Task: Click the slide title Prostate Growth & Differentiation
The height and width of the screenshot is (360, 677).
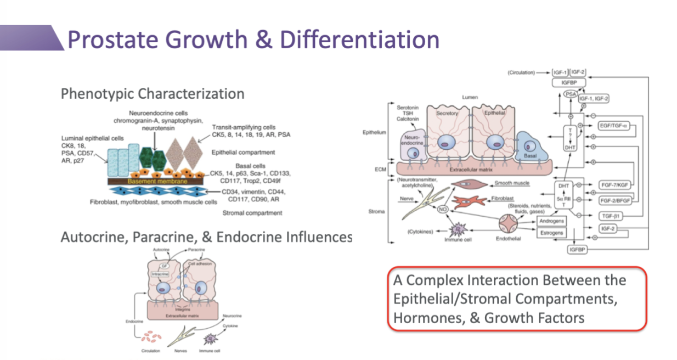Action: pos(253,40)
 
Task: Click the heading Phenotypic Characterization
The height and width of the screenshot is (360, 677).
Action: pos(153,94)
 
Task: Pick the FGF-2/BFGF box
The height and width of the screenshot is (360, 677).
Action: pos(615,200)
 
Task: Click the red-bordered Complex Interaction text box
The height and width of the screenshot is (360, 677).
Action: pos(517,299)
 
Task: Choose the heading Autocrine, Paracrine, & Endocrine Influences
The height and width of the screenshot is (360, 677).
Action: pos(206,237)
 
